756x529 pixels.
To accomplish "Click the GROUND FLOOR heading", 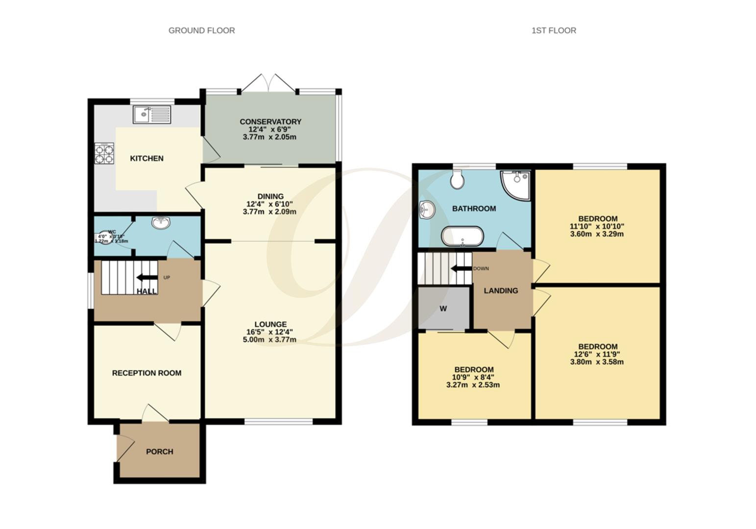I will tap(201, 30).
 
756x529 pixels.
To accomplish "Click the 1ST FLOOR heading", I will tap(554, 30).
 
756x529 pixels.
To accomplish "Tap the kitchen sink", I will tap(152, 114).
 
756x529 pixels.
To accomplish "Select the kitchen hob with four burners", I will tap(104, 153).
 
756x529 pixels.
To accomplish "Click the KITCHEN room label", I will tap(146, 158).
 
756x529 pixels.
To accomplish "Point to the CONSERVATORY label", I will tap(270, 121).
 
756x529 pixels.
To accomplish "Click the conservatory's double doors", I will tap(268, 83).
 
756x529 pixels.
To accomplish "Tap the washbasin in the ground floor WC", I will tap(161, 223).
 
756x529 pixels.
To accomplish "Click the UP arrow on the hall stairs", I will tap(146, 278).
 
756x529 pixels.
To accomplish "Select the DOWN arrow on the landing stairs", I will tap(461, 268).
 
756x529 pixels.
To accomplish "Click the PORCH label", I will tap(160, 452).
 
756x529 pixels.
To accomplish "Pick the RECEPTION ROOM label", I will tap(146, 373).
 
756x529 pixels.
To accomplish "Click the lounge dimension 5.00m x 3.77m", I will tap(269, 339).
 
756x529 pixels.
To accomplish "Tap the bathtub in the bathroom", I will tap(463, 236).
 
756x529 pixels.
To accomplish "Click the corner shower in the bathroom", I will tap(516, 184).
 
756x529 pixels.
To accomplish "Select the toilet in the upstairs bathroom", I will tap(458, 180).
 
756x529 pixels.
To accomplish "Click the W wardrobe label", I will tap(443, 309).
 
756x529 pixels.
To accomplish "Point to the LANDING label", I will tap(501, 290).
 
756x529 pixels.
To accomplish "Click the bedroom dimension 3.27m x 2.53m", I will tap(473, 385).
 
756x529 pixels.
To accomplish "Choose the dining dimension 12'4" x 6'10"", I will tap(270, 204).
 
